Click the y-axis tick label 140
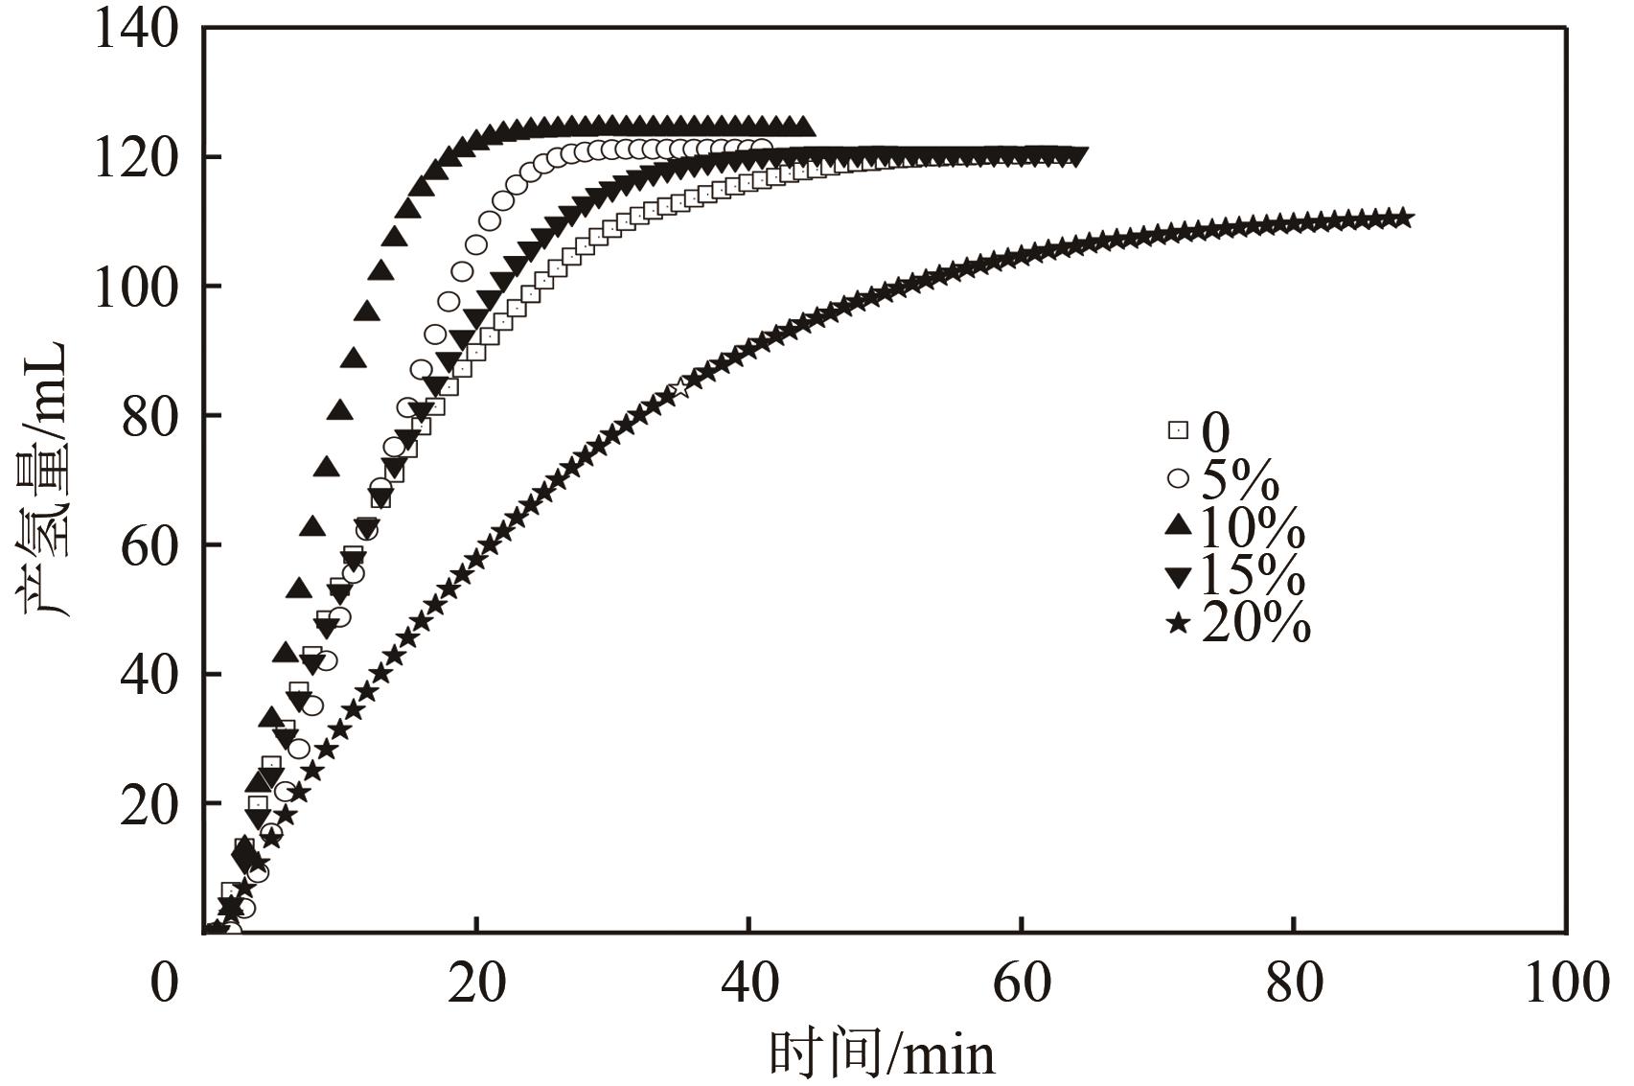[136, 31]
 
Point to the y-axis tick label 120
[136, 158]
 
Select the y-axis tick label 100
[136, 287]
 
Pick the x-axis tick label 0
[165, 983]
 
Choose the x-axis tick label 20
[476, 983]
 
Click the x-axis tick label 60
[1022, 983]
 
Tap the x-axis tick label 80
[1294, 983]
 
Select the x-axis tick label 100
[1566, 983]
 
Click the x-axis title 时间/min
[882, 1053]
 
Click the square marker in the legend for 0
[1177, 430]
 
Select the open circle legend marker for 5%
[1178, 477]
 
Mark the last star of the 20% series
[1403, 219]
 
